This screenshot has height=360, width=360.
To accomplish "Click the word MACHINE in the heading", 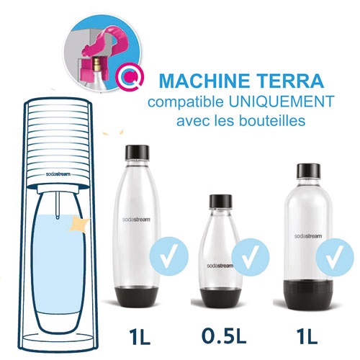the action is coord(204,81).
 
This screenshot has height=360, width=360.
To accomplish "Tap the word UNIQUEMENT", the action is coord(281,102).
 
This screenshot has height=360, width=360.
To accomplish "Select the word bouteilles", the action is coord(272,120).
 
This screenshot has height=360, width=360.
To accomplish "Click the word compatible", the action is coord(185,102).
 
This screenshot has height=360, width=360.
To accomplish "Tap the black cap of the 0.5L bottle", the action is coord(221,201).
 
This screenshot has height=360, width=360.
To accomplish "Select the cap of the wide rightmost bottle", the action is coord(308,171).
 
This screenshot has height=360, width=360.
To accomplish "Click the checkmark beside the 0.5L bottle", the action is coord(251,257).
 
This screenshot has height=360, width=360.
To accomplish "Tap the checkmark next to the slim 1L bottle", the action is coord(169,256).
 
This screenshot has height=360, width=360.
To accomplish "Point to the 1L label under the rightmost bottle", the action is coord(307,336).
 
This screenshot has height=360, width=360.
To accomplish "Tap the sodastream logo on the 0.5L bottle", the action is coord(220,266).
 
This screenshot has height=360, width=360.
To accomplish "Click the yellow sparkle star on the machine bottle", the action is coord(79,225).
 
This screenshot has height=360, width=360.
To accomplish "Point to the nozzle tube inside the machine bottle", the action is coord(58,205).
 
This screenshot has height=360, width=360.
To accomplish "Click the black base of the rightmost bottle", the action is coord(308,294).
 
